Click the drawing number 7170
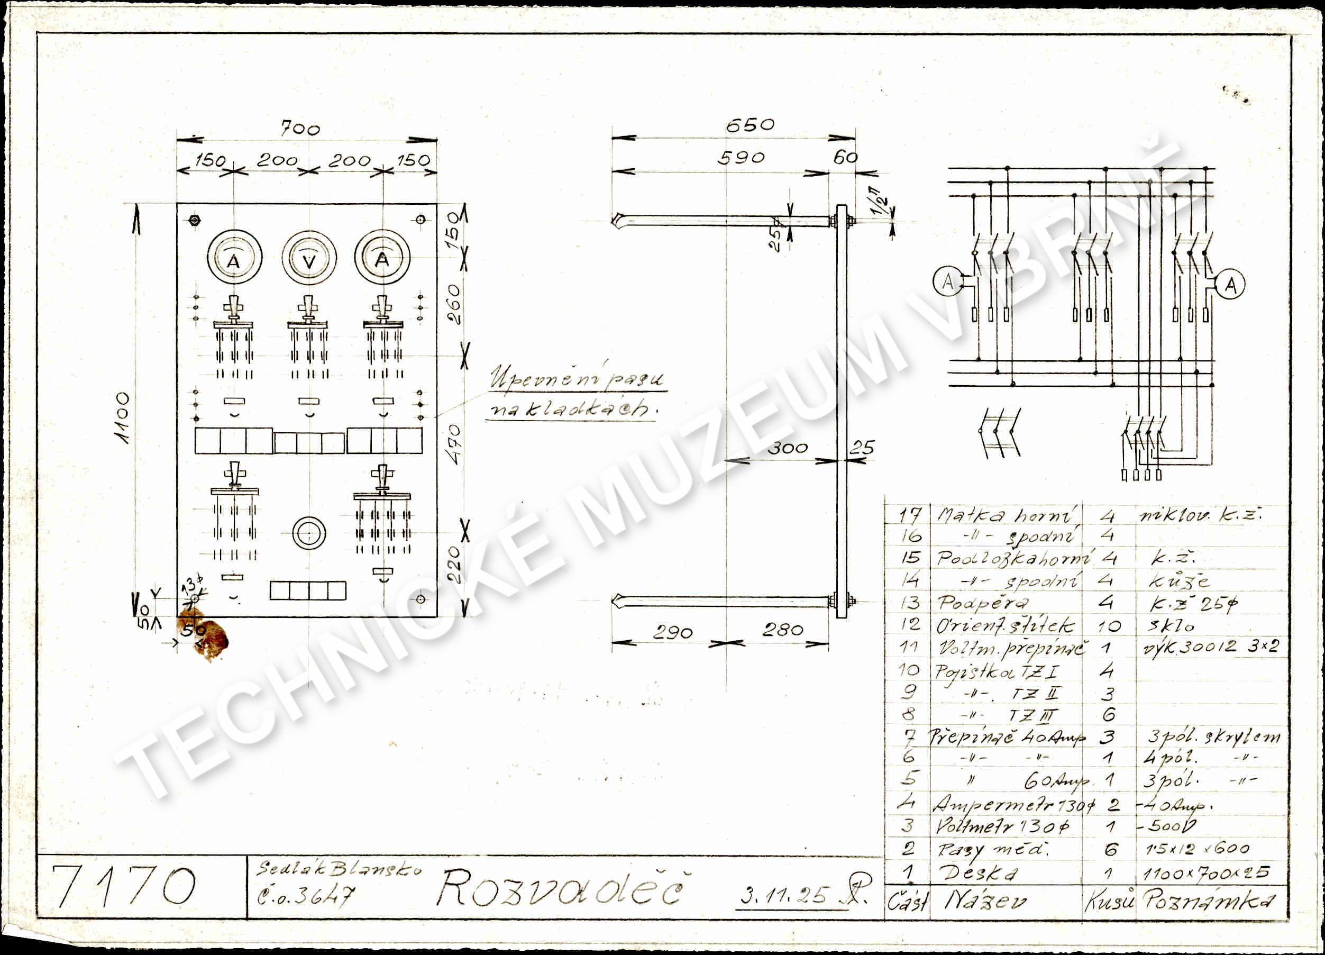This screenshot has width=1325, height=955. [124, 887]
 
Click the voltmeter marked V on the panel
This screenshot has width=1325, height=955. [309, 257]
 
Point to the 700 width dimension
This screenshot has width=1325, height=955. [301, 129]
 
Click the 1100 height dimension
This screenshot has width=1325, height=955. [123, 418]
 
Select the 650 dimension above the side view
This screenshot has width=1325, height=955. [750, 125]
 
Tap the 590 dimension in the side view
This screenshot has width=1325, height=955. [741, 158]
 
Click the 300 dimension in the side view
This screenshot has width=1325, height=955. [787, 448]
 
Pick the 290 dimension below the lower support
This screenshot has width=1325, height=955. [672, 632]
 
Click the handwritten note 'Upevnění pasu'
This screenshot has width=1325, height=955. [577, 379]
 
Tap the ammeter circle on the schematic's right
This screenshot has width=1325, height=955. [1230, 285]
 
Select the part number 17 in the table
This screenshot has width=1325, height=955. [910, 515]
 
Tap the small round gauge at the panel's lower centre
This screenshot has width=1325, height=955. [309, 533]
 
